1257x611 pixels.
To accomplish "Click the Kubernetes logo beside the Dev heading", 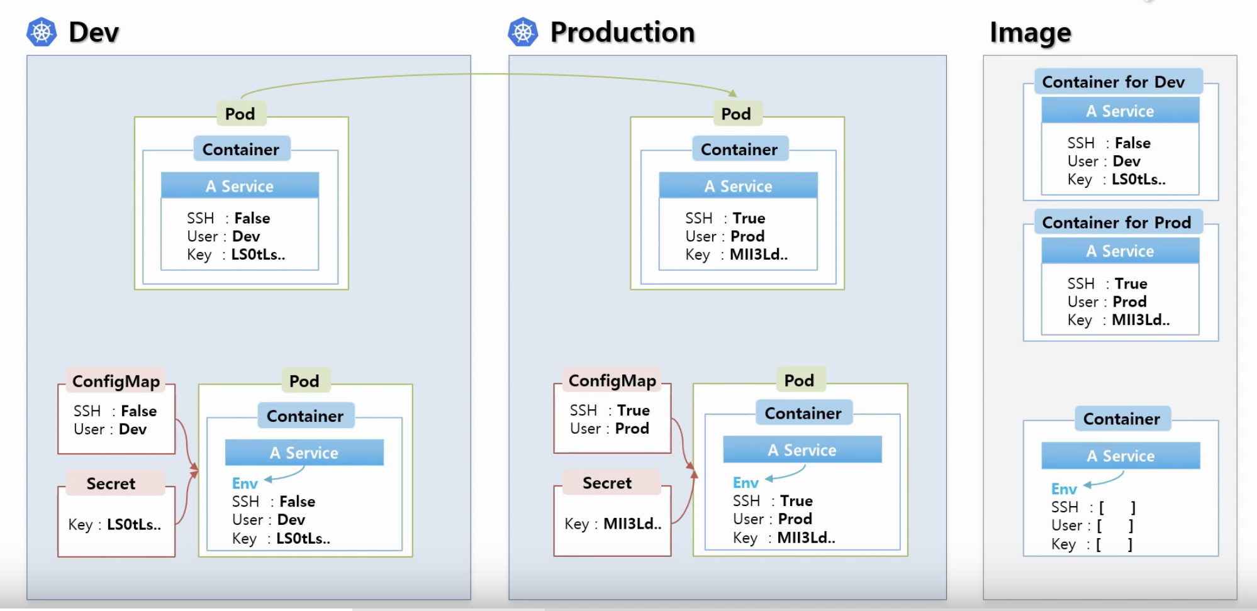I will click(x=42, y=32).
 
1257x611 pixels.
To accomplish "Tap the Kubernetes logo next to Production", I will click(x=523, y=32).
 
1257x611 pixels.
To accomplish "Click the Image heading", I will click(x=1030, y=32).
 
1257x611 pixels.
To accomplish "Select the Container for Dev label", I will click(x=1113, y=82).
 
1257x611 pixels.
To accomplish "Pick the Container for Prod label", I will click(x=1116, y=223).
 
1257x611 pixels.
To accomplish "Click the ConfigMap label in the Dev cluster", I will click(x=116, y=382).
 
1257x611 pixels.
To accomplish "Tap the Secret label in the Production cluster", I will click(x=606, y=483).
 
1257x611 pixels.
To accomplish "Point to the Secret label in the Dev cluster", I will click(x=111, y=483).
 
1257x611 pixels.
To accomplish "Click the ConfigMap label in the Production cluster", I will click(x=612, y=381).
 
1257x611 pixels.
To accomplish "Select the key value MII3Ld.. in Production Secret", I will click(x=632, y=524).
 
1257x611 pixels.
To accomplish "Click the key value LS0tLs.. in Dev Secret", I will click(x=134, y=524).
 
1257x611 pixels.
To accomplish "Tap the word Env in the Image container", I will click(x=1064, y=489).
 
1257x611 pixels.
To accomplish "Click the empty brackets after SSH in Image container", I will click(x=1117, y=507).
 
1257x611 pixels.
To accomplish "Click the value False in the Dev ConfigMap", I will click(x=138, y=411).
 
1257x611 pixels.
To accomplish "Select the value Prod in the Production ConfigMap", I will click(x=632, y=429).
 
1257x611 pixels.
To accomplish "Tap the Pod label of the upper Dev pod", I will click(x=240, y=114).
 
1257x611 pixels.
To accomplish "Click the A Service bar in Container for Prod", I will click(x=1120, y=251).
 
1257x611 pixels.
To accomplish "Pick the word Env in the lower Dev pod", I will click(x=245, y=483).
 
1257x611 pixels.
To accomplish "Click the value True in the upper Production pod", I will click(x=749, y=218).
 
